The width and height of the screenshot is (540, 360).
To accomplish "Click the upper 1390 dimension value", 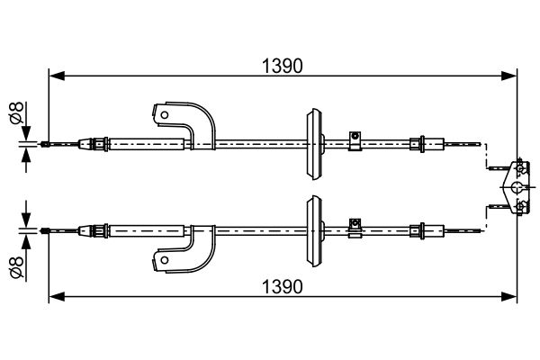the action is [x=283, y=66].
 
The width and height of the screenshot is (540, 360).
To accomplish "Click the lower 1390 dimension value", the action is [x=283, y=286].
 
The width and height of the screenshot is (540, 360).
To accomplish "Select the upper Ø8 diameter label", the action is [x=16, y=112].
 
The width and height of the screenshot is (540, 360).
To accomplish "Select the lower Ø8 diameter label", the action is [x=16, y=266].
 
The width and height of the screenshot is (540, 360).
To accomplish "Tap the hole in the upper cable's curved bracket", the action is [x=165, y=114].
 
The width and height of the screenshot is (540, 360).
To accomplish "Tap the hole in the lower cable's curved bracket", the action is [x=165, y=260].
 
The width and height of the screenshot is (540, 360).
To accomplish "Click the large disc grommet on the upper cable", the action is [x=314, y=144].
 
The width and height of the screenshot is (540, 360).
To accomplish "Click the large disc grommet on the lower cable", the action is [x=314, y=230].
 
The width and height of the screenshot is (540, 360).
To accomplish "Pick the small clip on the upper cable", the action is [x=355, y=141].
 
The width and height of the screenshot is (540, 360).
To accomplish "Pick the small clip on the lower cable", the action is [x=355, y=228].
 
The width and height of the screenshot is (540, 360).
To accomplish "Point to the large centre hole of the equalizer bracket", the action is [x=517, y=187].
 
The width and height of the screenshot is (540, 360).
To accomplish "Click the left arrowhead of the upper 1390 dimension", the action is [x=57, y=76].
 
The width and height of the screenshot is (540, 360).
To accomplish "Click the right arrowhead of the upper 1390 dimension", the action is [x=509, y=76].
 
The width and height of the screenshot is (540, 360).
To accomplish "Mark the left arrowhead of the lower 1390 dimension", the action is [x=57, y=296].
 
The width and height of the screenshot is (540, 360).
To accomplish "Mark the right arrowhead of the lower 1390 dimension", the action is [x=509, y=296].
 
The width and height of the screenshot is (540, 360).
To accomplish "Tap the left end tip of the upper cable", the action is [x=41, y=144].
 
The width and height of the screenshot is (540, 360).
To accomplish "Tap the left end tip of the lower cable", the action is [x=41, y=230].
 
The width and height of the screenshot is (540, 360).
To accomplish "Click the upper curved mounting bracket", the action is [x=184, y=126].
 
